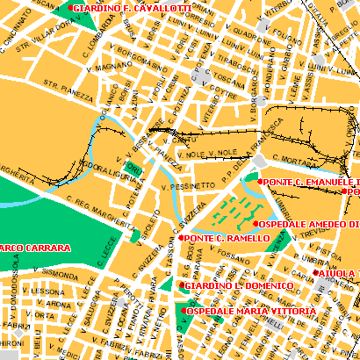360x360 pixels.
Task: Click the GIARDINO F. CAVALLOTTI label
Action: [133, 8]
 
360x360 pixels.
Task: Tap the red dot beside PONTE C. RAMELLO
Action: [182, 237]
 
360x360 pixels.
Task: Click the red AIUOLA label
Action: [337, 273]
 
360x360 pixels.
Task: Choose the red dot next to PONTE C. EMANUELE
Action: [262, 181]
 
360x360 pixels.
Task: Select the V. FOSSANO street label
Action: [233, 257]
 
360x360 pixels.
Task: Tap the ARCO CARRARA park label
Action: [35, 248]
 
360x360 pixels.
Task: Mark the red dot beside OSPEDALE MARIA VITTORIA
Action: [182, 311]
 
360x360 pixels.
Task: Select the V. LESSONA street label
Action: [44, 291]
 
